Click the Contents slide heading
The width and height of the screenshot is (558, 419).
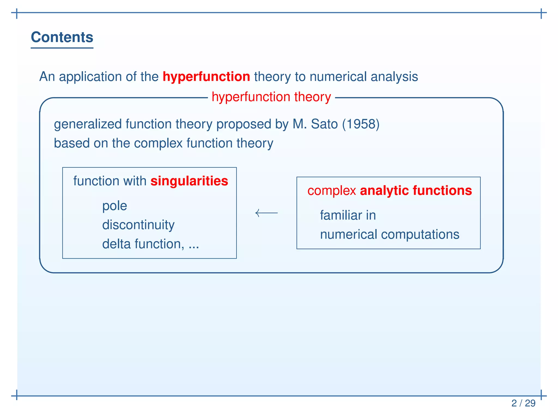click(62, 37)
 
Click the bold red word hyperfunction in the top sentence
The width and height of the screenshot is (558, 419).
click(206, 76)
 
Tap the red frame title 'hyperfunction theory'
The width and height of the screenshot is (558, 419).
click(271, 97)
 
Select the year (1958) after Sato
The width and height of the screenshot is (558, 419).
click(361, 124)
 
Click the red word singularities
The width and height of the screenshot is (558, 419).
click(189, 181)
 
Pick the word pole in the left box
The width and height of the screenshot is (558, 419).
click(114, 206)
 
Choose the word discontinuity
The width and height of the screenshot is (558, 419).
click(138, 225)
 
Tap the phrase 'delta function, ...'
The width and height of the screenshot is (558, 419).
click(150, 244)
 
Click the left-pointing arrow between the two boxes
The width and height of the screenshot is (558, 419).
click(266, 213)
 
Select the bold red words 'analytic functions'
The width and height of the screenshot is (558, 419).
click(416, 190)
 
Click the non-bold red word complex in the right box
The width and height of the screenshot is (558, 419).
click(331, 191)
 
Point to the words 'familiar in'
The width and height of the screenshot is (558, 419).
click(348, 215)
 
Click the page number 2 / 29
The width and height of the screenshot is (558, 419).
click(523, 403)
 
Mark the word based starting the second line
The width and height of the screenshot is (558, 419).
click(72, 143)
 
